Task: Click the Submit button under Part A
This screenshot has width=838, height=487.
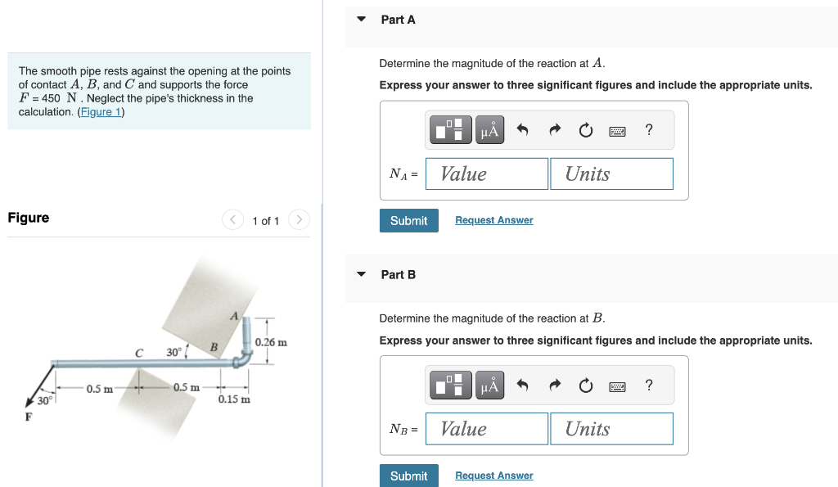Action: [408, 221]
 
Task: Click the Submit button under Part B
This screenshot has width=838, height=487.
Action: [408, 476]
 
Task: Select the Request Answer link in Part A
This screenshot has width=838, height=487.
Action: [493, 220]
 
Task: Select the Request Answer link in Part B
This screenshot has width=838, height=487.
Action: [493, 476]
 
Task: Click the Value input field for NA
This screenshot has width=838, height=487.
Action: [487, 174]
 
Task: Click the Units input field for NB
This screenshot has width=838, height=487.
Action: [611, 429]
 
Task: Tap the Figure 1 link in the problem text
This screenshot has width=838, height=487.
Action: [100, 111]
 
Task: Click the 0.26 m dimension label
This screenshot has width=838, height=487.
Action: [271, 342]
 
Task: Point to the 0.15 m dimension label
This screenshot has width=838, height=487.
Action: [234, 399]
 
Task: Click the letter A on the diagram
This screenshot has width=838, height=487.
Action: [234, 316]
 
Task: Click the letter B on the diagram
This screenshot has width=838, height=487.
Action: [214, 347]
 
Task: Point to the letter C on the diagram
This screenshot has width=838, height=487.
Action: [139, 353]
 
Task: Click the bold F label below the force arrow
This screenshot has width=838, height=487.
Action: [29, 417]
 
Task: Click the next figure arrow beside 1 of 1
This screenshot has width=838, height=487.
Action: [300, 220]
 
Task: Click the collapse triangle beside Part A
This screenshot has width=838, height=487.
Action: [362, 19]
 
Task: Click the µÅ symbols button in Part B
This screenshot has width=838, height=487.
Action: [490, 385]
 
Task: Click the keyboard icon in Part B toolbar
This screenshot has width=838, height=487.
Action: [617, 385]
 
